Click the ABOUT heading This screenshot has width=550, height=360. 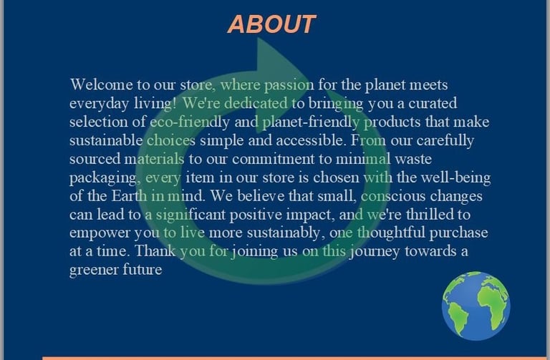272,24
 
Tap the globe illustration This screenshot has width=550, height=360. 476,306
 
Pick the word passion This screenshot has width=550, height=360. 289,86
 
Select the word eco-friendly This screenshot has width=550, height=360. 190,122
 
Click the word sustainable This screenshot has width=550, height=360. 106,140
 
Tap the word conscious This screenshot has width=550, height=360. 393,196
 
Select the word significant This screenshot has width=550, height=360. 190,215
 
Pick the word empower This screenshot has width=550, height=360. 100,233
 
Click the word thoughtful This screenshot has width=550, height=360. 391,233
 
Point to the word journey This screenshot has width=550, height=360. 375,252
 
